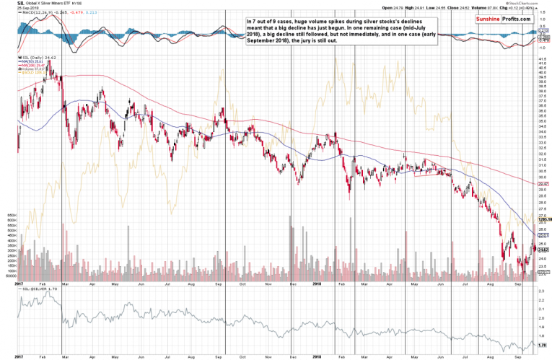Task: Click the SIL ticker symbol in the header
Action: [22, 4]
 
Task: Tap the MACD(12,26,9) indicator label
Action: [36, 12]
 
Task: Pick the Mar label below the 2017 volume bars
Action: [66, 284]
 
